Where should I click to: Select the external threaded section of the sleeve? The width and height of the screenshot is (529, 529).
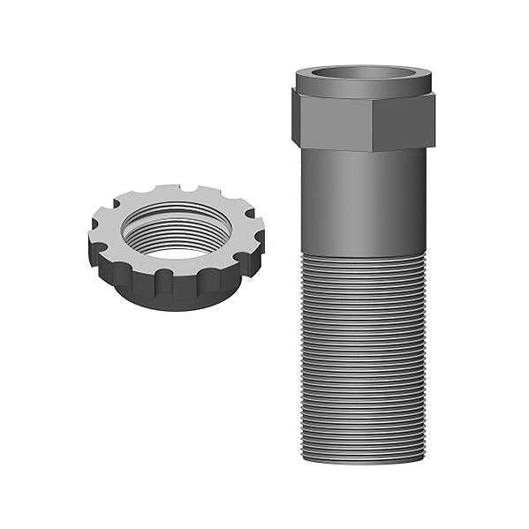(x=363, y=353)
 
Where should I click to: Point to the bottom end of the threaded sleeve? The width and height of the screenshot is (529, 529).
(x=363, y=459)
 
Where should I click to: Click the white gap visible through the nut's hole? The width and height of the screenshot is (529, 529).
(x=177, y=253)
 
